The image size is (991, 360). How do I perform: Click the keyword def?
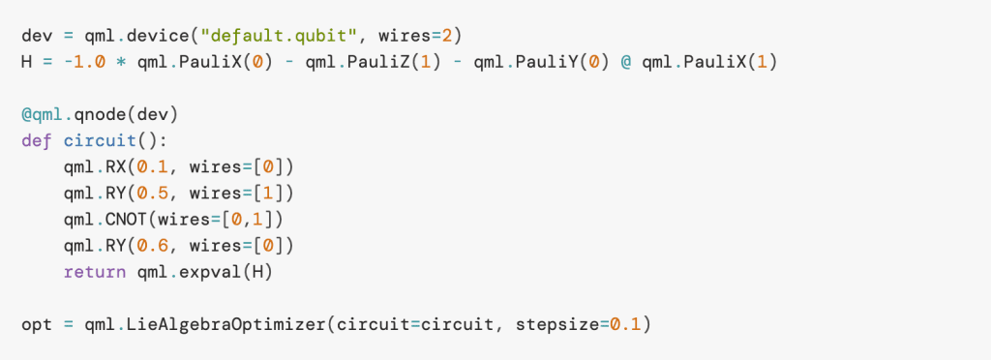tap(38, 140)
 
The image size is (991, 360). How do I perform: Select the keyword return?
tap(91, 272)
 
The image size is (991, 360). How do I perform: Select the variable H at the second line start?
tap(27, 62)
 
